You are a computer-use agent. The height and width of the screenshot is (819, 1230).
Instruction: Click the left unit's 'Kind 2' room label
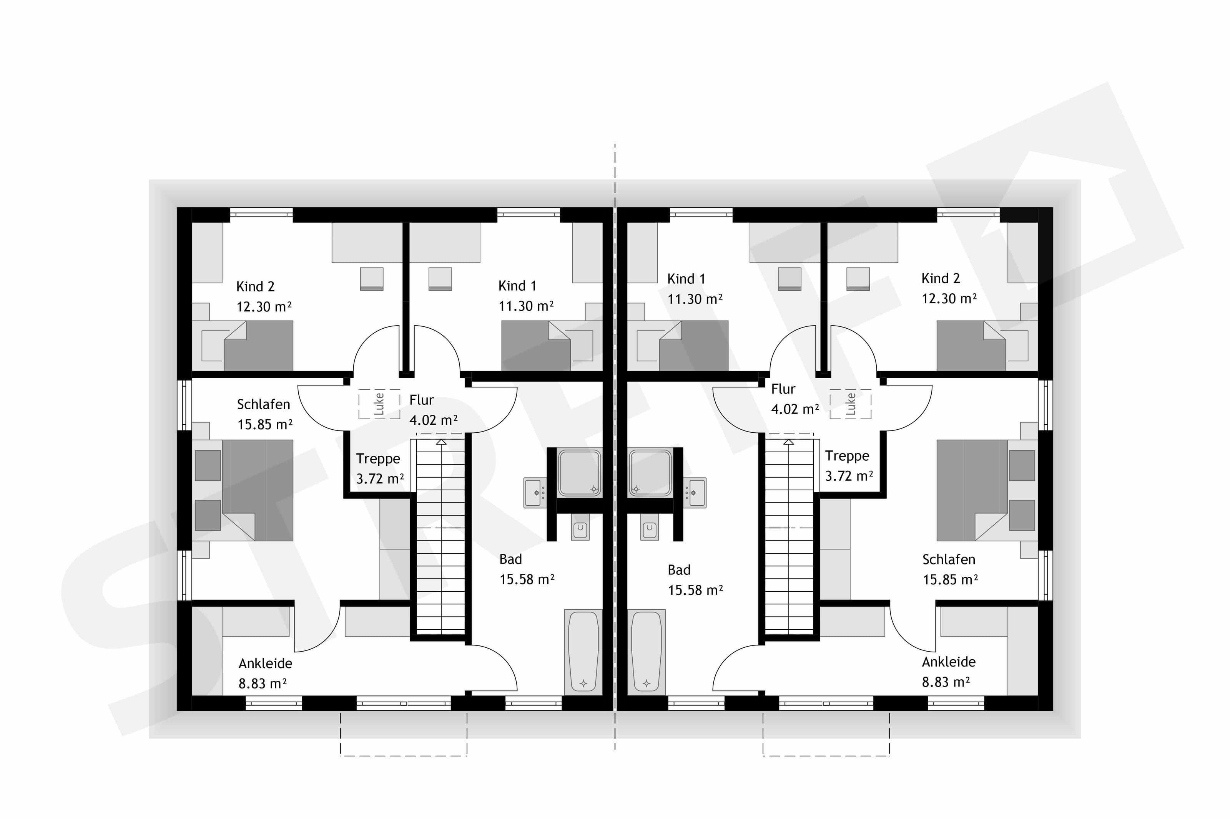click(255, 286)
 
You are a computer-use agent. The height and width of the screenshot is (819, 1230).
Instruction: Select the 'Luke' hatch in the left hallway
click(379, 404)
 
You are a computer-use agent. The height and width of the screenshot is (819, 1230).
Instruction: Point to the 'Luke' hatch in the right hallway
click(851, 404)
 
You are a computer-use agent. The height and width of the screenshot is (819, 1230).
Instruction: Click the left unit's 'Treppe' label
click(378, 458)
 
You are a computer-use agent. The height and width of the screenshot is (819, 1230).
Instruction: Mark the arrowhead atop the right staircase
click(789, 442)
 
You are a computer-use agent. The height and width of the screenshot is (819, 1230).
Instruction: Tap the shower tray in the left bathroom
click(580, 473)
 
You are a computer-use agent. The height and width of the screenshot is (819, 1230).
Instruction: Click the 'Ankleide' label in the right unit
click(948, 662)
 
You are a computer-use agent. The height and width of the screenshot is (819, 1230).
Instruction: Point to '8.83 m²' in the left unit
click(263, 683)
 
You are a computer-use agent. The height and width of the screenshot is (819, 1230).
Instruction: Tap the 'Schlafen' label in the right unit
click(948, 560)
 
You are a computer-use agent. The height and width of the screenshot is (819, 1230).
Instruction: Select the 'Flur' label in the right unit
click(783, 389)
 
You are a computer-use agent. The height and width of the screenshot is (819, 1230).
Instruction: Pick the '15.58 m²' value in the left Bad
click(527, 579)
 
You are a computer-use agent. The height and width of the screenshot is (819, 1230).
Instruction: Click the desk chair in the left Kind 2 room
click(372, 279)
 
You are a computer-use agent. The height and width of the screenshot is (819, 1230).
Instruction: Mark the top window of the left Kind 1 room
click(529, 213)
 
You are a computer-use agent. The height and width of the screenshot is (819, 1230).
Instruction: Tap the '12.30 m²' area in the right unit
click(949, 298)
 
